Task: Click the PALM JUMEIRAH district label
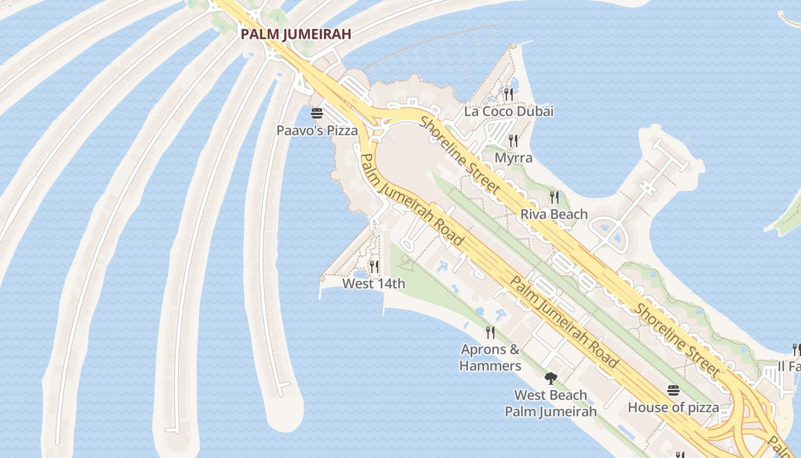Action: click(x=295, y=34)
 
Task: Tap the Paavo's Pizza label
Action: click(x=317, y=131)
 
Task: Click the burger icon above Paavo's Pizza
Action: click(x=317, y=113)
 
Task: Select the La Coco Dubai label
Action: click(x=509, y=111)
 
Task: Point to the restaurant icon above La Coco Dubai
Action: click(x=508, y=93)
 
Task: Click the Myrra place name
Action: click(x=513, y=157)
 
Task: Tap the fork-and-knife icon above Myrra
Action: click(x=513, y=140)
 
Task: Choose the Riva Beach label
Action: click(x=554, y=214)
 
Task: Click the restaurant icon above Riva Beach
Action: click(x=554, y=197)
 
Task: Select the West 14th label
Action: click(x=374, y=283)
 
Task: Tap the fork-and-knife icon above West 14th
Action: click(x=374, y=266)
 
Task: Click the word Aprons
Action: click(x=483, y=349)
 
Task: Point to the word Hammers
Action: click(x=490, y=366)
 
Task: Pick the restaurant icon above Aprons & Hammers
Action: click(x=490, y=332)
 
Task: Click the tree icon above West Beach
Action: click(x=550, y=378)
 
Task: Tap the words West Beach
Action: click(x=550, y=395)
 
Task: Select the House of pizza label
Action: click(x=673, y=408)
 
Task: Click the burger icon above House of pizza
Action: click(x=673, y=390)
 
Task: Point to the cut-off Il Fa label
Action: click(x=789, y=366)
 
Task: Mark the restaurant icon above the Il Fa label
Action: click(x=796, y=349)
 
